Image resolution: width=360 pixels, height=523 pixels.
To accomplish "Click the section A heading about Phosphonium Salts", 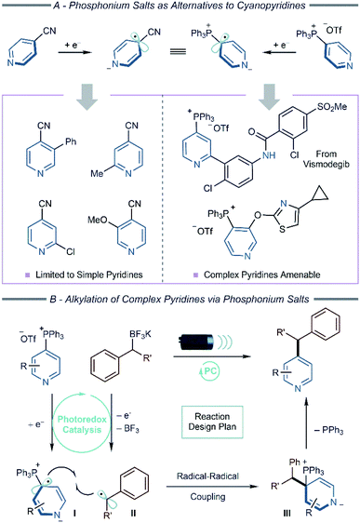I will click(180, 8).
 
